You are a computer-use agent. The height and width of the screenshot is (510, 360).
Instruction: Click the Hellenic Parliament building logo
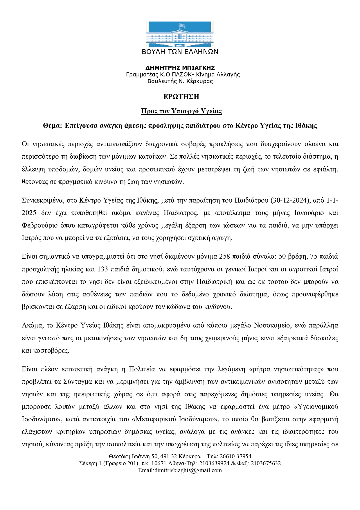pyautogui.click(x=180, y=34)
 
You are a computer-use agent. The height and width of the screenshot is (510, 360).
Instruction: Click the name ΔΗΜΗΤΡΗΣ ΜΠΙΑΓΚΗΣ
pyautogui.click(x=180, y=68)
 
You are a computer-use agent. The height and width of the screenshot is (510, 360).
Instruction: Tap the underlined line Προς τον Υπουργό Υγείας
pyautogui.click(x=181, y=111)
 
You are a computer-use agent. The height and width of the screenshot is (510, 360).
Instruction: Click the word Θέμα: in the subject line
pyautogui.click(x=53, y=126)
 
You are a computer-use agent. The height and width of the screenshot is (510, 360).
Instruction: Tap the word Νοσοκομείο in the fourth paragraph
pyautogui.click(x=272, y=325)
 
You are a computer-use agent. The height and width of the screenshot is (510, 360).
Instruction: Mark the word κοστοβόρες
pyautogui.click(x=46, y=350)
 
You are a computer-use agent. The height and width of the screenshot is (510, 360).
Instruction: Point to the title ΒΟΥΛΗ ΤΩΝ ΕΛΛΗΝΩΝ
pyautogui.click(x=180, y=52)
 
